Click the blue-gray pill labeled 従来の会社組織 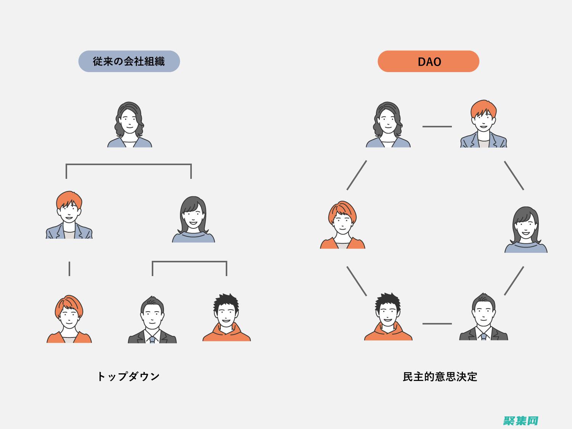point(129,61)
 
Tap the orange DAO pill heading point(428,61)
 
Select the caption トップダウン point(128,377)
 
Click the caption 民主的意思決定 point(440,377)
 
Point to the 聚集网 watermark point(521,421)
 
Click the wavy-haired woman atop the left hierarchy point(129,124)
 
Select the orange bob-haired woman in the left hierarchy point(69,319)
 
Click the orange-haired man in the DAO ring point(483,124)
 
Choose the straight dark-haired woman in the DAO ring point(526,230)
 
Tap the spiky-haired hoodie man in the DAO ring point(388,317)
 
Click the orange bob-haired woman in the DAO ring point(342,225)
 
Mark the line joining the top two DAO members point(437,126)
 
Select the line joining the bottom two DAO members point(437,324)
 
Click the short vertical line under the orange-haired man point(69,268)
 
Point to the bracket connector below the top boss point(129,165)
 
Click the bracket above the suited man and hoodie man point(190,262)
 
